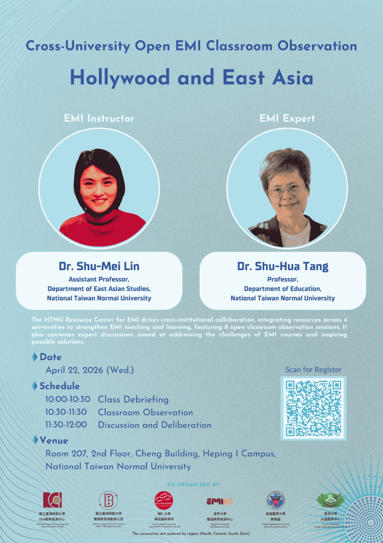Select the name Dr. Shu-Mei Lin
point(99,266)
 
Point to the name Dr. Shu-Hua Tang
point(283,266)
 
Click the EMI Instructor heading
point(99,119)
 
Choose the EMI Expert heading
point(287,119)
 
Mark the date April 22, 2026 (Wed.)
point(89,370)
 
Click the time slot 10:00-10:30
point(68,400)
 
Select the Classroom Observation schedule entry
point(145,412)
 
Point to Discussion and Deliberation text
point(154,425)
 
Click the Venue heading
point(54,440)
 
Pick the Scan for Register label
point(313,370)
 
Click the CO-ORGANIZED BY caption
point(193,485)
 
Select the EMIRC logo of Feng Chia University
point(220,501)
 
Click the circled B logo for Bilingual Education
point(108,500)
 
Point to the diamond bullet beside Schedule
point(34,386)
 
